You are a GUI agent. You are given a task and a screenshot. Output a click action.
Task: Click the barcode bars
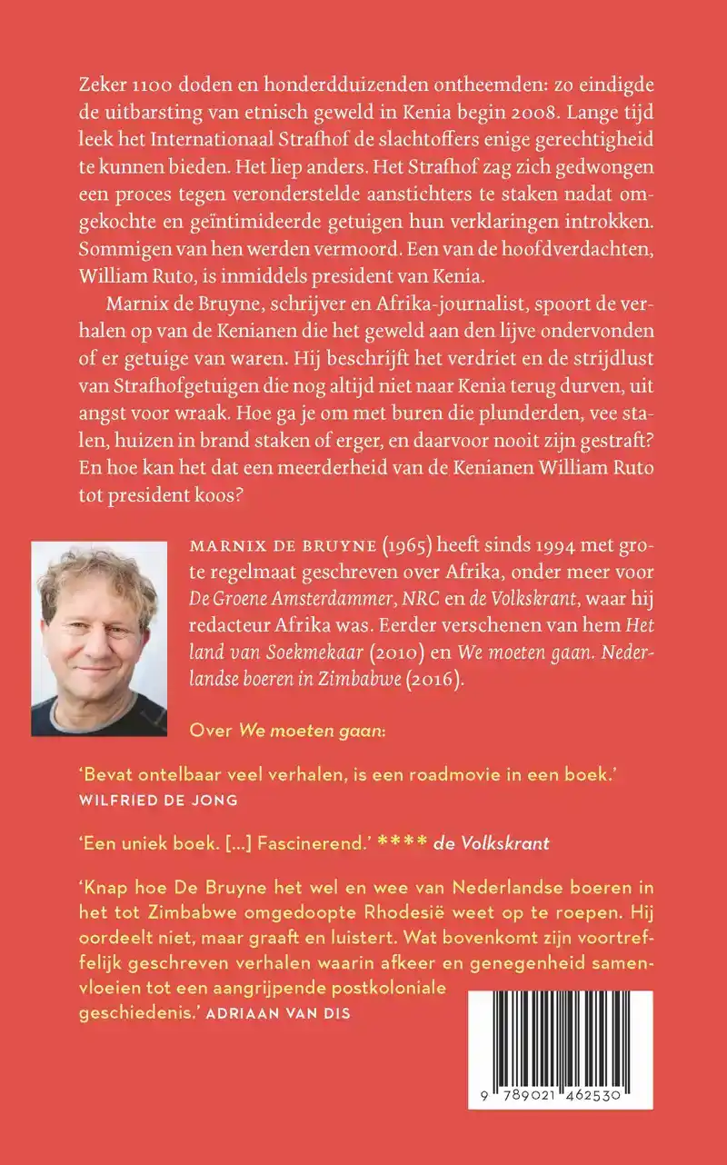tap(560, 1036)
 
